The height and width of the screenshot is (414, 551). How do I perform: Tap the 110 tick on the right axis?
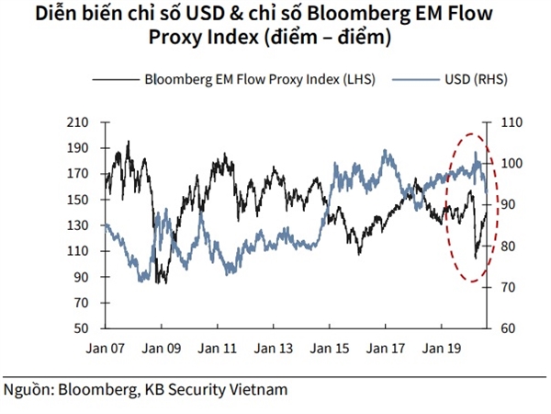(510, 122)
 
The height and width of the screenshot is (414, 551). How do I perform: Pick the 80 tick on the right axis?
(507, 247)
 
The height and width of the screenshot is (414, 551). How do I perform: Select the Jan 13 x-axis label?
(275, 350)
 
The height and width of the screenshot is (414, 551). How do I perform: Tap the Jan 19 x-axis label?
(442, 350)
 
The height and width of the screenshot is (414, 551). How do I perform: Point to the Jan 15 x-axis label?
(331, 350)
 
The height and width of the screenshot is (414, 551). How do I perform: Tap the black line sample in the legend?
(118, 79)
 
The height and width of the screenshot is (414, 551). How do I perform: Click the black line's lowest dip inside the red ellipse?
(476, 259)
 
